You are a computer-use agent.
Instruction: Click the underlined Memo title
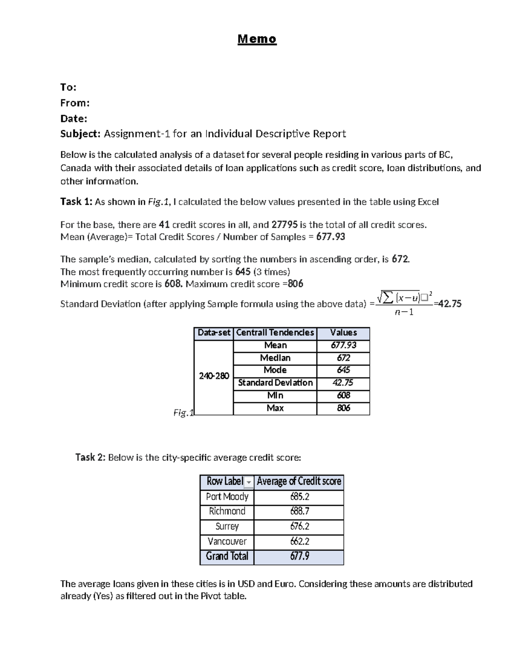pos(257,39)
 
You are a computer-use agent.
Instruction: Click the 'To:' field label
pos(68,87)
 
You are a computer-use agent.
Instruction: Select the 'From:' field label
pos(75,103)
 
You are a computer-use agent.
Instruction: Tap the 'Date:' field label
pos(74,118)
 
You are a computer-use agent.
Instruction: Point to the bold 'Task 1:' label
pos(76,202)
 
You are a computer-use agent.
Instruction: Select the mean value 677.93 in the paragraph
pos(330,237)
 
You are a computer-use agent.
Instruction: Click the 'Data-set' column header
pos(214,333)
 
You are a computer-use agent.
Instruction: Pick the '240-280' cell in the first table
pos(214,376)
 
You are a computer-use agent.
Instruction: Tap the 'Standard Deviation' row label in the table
pos(275,383)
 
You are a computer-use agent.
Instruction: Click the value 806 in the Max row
pos(343,408)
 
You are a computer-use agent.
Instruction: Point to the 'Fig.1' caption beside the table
pos(183,413)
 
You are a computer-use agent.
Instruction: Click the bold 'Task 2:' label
pos(90,457)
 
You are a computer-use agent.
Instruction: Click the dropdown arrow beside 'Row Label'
pos(249,483)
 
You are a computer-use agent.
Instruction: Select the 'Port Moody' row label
pos(227,497)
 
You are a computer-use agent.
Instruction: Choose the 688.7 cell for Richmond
pos(299,511)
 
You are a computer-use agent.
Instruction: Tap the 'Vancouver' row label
pos(227,541)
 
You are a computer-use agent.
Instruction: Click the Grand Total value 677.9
pos(299,556)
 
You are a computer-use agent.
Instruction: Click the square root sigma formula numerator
pos(403,297)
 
